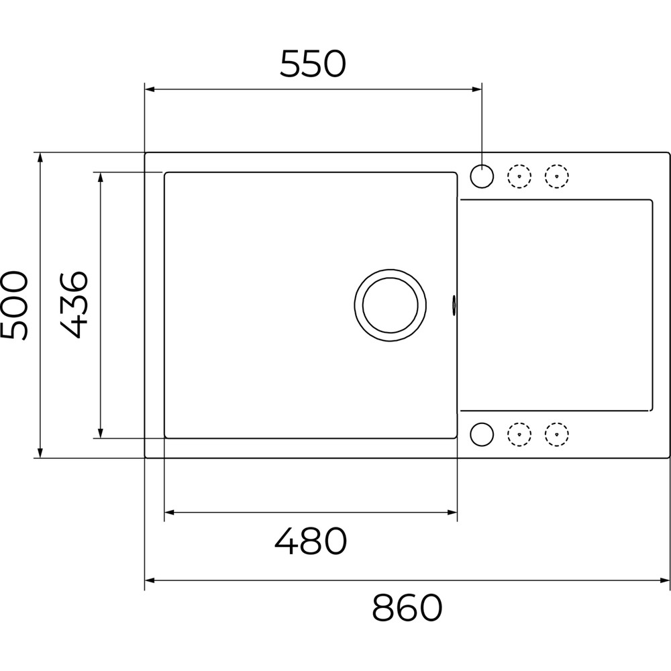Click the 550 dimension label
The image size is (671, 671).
tap(313, 64)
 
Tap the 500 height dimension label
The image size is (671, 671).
tap(14, 305)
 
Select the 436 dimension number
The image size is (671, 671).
tap(74, 304)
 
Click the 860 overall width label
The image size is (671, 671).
tap(407, 608)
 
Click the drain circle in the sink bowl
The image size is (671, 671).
tap(390, 305)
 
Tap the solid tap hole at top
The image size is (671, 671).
tap(482, 176)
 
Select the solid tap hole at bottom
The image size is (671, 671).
tap(482, 434)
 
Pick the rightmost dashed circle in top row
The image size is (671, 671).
tap(557, 176)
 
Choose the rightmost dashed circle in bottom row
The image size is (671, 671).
tap(557, 434)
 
